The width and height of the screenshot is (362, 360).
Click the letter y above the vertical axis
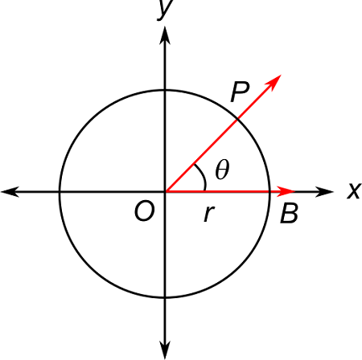166,10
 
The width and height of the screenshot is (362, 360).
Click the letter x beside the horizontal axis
352,190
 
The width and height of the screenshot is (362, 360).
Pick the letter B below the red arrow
289,215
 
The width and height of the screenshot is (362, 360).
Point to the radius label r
209,214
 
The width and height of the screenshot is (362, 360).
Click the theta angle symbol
222,170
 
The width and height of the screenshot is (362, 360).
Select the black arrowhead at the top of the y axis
165,33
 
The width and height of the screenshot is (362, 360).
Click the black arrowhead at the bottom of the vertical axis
165,349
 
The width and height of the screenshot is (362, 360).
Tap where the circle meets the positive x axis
270,191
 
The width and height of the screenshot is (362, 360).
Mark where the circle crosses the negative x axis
60,191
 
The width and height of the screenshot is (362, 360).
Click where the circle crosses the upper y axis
165,86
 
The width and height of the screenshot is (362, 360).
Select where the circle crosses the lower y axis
165,297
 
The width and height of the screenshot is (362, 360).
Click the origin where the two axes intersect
165,191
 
